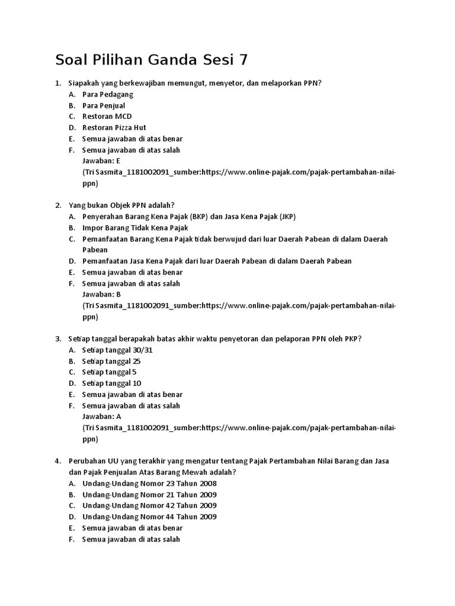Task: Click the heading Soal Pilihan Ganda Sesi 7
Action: pos(152,60)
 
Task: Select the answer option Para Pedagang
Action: pos(108,94)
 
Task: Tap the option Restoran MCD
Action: pos(107,117)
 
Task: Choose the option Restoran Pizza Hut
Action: pos(114,128)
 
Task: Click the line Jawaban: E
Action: pos(101,161)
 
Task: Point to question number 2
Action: pos(59,205)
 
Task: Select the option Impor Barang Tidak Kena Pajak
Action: pos(135,228)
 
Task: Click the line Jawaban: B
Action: pos(101,295)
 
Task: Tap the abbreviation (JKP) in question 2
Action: pos(287,217)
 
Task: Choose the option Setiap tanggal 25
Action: pos(111,361)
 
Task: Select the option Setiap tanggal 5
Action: pos(110,372)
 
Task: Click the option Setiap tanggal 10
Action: pos(111,383)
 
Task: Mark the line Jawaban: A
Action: pos(101,417)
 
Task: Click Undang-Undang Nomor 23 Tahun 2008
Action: pos(149,483)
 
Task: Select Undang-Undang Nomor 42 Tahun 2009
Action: pos(149,506)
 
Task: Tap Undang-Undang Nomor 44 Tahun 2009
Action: pos(149,517)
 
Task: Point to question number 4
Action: pos(59,461)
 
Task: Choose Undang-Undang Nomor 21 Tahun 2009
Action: pos(149,495)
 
